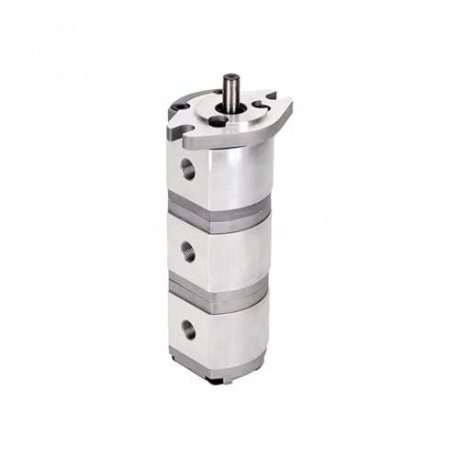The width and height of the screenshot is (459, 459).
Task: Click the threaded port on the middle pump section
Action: tap(189, 251)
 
